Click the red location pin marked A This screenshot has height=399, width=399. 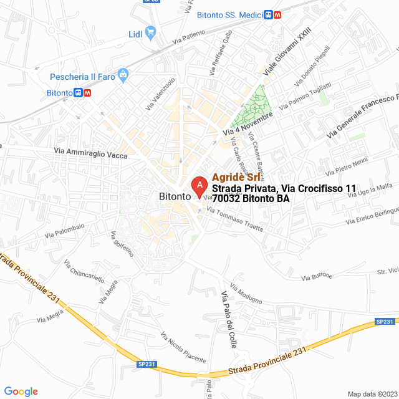(199, 185)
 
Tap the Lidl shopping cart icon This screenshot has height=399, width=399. (150, 32)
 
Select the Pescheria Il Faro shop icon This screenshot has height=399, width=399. (123, 75)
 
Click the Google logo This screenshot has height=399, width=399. (21, 391)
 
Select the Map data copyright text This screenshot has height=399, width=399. (372, 393)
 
